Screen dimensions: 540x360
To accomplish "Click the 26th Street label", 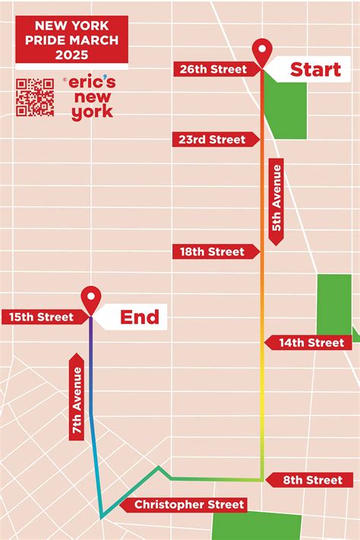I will pos(213,69).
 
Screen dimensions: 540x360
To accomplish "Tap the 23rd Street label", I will pos(213,140).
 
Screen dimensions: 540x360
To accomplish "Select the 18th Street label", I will pos(213,251).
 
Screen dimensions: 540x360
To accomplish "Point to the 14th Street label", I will pos(311,343).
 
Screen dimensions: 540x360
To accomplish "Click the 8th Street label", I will pos(311,479).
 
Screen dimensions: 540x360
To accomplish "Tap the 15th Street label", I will pos(43,317).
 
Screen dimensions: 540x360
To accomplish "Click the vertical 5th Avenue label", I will pos(276,198).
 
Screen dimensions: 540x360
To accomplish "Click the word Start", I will pos(315,70).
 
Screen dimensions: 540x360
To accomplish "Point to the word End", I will pos(140,316).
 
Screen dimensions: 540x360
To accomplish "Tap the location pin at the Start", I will pos(263,52).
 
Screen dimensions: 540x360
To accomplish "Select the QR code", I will pos(35,97).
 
